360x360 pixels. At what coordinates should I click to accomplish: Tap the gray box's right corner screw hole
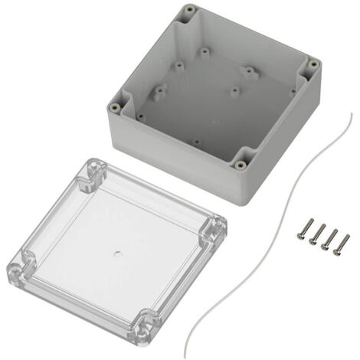click(x=313, y=65)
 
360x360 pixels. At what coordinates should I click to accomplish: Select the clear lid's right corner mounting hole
click(x=215, y=227)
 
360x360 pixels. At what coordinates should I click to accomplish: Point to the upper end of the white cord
click(x=349, y=113)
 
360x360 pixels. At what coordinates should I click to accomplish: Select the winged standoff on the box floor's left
click(x=159, y=93)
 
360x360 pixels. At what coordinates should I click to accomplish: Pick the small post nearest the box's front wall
click(x=196, y=141)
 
